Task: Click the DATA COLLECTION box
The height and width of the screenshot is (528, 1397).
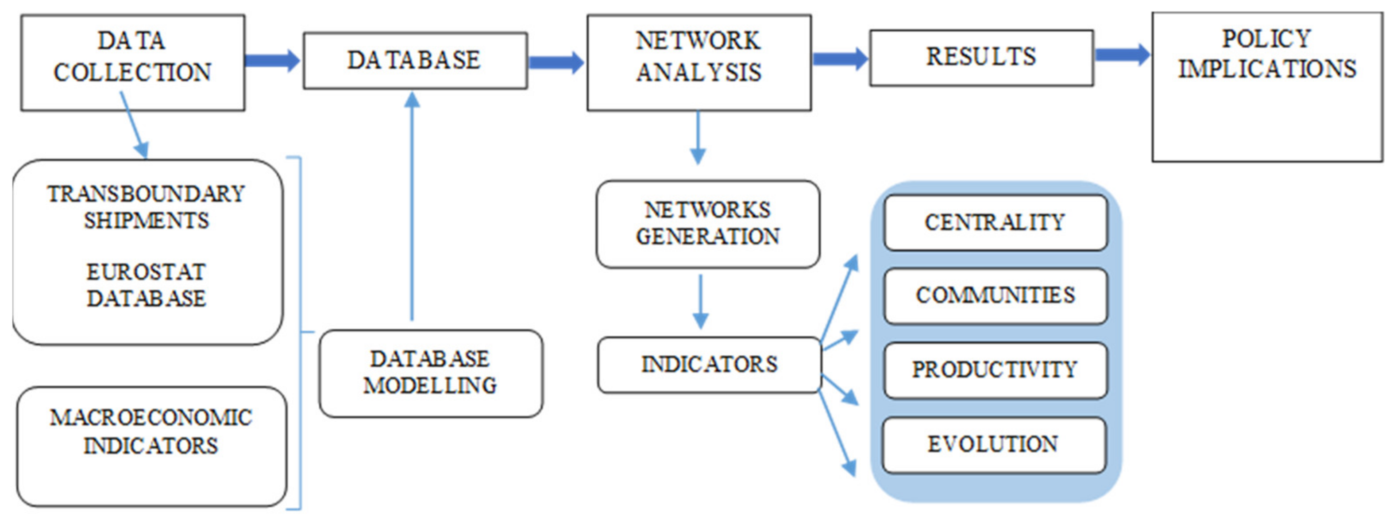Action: [x=132, y=62]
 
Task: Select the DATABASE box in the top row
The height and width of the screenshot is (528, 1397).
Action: [x=414, y=60]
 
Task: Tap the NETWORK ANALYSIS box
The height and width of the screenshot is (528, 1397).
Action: [x=698, y=62]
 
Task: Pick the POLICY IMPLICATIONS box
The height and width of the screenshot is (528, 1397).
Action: [x=1267, y=87]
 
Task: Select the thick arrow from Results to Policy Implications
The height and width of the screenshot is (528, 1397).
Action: [x=1122, y=54]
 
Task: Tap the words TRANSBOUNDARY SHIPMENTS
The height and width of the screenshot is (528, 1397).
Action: [x=147, y=207]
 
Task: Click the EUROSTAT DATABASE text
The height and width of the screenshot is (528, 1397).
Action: [x=147, y=285]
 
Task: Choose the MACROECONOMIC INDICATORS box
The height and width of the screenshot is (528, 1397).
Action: [x=151, y=446]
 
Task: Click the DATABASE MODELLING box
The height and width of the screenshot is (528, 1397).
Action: [x=431, y=373]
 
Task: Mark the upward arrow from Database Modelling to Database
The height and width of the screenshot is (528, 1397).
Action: [x=412, y=206]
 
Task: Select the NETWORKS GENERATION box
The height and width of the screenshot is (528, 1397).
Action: [x=708, y=224]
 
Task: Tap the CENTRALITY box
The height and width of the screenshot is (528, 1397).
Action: [x=995, y=222]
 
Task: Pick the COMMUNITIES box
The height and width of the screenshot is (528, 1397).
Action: [x=995, y=296]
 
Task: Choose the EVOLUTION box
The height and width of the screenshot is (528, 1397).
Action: [x=993, y=444]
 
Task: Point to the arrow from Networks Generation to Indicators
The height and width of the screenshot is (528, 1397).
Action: [x=701, y=301]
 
